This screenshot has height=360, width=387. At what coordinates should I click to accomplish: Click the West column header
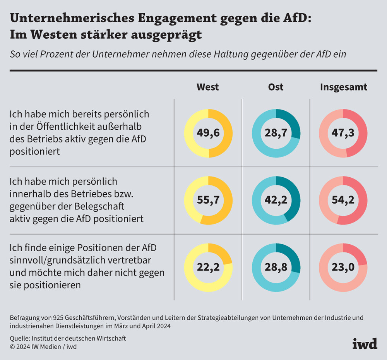pos(208,87)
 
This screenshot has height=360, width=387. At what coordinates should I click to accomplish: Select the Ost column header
pos(276,87)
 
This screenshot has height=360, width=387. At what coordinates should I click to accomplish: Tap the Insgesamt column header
pos(343,87)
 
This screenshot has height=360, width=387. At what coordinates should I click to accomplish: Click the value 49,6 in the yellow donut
pos(209,133)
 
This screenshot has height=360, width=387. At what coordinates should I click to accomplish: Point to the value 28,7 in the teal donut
pos(276,133)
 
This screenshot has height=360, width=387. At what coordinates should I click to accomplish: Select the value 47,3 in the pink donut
pos(343,133)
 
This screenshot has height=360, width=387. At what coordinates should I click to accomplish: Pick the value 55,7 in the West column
pos(209,201)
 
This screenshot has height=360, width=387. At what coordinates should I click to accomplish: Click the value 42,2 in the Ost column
pos(276,201)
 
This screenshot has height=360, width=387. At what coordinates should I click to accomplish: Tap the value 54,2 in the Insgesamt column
pos(343,201)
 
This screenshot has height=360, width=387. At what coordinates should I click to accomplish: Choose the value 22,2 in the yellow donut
pos(209,267)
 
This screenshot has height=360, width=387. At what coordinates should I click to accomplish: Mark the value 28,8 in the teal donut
pos(276,267)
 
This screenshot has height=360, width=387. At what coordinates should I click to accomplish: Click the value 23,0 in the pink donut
pos(343,267)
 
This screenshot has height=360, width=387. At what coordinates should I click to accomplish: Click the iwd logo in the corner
pos(365,343)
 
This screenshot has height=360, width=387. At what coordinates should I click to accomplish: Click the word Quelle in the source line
pos(20,338)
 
